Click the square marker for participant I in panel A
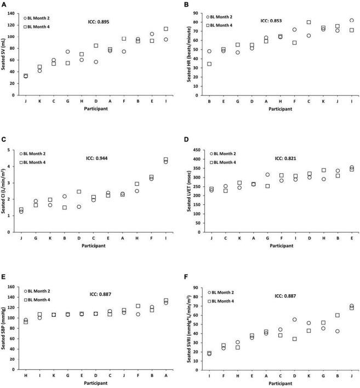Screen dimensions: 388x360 (x=165, y=29)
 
